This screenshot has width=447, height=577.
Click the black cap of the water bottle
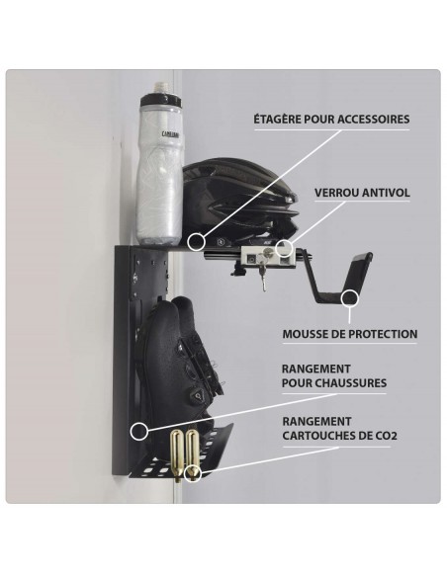click(x=161, y=100)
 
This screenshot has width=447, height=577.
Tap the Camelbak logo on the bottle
click(x=170, y=134)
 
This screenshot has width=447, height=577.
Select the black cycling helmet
click(x=239, y=201)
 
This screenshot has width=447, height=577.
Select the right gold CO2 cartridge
click(x=192, y=454)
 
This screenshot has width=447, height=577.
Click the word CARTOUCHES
click(x=318, y=436)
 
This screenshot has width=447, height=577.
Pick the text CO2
click(x=387, y=436)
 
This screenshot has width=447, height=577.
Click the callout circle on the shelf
click(x=196, y=242)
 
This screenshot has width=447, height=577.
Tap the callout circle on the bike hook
click(x=349, y=298)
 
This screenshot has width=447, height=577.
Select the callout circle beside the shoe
click(x=139, y=431)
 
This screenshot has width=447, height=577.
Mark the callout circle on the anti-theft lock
click(x=284, y=247)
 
